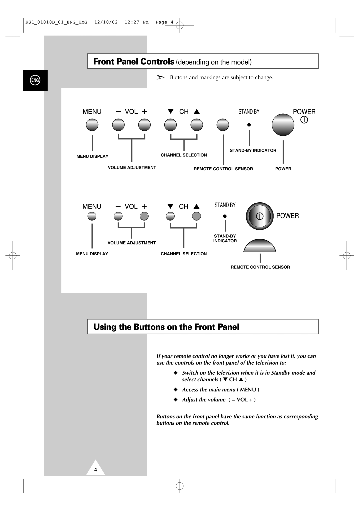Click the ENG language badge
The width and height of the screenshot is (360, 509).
35,80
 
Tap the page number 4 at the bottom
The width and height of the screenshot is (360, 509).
95,470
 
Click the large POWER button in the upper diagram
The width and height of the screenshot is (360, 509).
283,125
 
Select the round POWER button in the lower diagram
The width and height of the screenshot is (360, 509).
260,216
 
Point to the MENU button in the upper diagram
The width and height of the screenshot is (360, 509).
92,125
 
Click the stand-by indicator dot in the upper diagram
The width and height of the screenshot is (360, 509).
249,125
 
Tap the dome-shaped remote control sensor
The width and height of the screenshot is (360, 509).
260,246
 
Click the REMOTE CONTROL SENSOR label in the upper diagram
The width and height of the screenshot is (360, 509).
223,169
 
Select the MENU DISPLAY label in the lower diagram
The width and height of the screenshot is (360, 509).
92,254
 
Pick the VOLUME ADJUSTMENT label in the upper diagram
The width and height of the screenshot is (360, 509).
132,168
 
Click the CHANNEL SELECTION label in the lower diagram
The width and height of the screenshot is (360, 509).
184,254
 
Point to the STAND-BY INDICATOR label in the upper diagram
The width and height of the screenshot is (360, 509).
253,151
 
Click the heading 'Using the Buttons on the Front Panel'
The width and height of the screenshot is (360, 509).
166,327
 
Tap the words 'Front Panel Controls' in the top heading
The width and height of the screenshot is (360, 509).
134,62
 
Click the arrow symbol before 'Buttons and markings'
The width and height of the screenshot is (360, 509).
161,77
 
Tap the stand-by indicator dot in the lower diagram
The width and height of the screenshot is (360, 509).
225,216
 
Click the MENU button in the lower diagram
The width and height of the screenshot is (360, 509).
92,216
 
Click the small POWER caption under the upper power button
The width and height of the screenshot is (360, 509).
283,169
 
